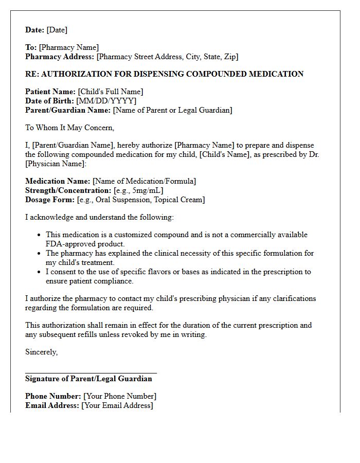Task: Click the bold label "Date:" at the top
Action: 35,30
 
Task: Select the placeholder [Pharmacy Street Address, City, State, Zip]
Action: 167,57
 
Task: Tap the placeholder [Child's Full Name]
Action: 111,92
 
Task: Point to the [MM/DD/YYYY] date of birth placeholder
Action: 106,101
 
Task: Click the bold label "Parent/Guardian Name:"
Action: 68,110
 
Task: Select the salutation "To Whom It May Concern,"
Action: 69,128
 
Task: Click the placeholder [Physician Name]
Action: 56,164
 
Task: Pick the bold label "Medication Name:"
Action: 58,181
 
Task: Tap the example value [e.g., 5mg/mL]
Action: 138,190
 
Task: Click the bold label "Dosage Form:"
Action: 50,200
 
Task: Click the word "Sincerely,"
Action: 42,352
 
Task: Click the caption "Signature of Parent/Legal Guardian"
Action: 88,379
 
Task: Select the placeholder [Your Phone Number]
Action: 120,396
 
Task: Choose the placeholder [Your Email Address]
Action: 117,405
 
